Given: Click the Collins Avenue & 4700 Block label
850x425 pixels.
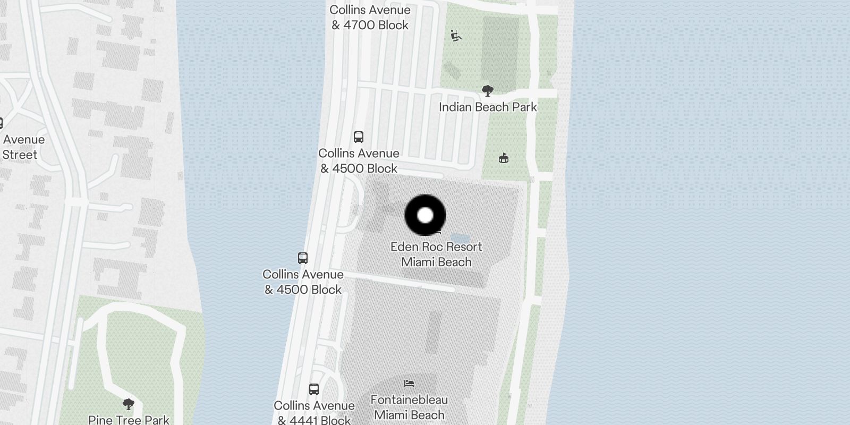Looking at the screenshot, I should [370, 18].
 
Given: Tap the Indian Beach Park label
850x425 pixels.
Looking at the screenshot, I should [488, 107].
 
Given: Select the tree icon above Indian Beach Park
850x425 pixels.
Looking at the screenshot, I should [487, 91].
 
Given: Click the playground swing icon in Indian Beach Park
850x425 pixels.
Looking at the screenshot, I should [456, 36].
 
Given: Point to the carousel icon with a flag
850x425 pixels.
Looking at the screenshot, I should [503, 158].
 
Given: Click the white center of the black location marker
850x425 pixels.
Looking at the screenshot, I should [425, 215].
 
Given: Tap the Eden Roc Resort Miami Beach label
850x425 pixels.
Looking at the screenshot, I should [436, 254].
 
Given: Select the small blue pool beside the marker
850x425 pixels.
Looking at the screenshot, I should [460, 237].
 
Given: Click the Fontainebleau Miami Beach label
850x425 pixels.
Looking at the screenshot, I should [409, 407].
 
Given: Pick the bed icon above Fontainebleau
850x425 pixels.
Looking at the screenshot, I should [409, 383].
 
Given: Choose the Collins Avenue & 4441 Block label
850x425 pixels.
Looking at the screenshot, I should [314, 413].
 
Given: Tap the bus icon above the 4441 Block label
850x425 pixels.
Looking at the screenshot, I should [314, 389].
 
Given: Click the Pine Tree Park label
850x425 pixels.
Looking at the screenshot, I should [129, 420].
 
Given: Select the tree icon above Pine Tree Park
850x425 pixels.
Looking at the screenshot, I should [128, 404].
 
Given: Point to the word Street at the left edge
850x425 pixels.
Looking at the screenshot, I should [20, 155].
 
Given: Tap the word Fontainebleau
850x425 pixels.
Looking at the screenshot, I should [409, 400].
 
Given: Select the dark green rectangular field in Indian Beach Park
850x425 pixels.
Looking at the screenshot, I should [500, 53].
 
